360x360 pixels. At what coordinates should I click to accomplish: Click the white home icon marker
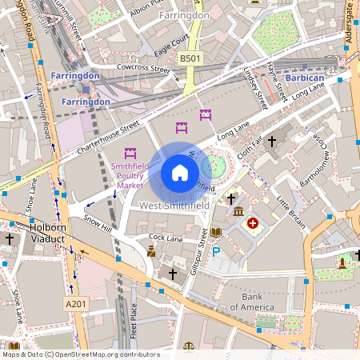pyautogui.click(x=180, y=172)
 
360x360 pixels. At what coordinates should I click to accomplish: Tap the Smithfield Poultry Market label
pyautogui.click(x=130, y=176)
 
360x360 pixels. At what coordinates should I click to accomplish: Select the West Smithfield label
pyautogui.click(x=174, y=206)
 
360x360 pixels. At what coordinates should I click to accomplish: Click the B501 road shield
pyautogui.click(x=190, y=58)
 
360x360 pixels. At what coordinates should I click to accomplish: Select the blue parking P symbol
pyautogui.click(x=215, y=252)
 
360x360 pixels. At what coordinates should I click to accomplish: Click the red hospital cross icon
pyautogui.click(x=254, y=223)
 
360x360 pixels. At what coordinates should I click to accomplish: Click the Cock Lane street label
pyautogui.click(x=166, y=238)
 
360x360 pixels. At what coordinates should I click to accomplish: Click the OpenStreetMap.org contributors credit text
pyautogui.click(x=108, y=354)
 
